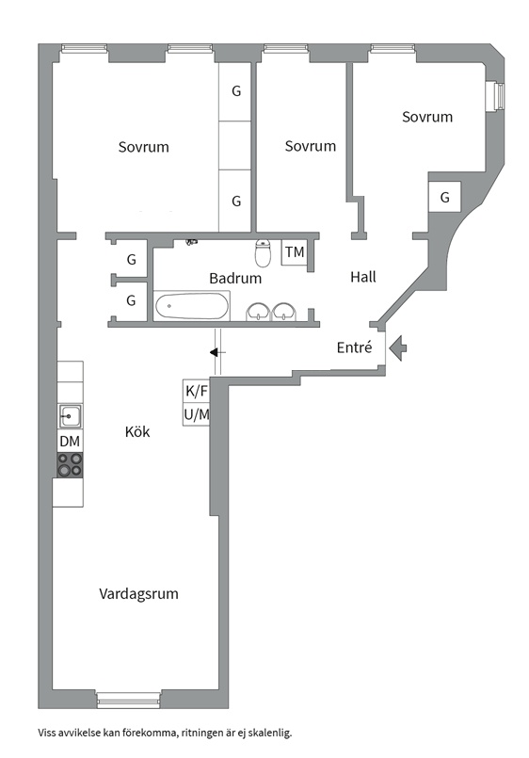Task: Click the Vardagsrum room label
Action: point(139,594)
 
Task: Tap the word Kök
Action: point(137,432)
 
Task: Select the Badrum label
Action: point(235,279)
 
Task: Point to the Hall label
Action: point(363,277)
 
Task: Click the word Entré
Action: point(355,347)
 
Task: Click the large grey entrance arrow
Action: point(399,348)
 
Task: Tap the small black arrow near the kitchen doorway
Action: point(217,352)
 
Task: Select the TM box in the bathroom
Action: point(295,252)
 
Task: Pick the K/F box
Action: point(196,391)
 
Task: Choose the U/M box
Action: point(196,414)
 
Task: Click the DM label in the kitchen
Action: point(70,441)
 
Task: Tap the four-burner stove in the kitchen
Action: point(70,465)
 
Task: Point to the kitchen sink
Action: point(70,416)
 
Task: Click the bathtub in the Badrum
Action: point(192,306)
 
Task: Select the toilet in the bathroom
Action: point(264,252)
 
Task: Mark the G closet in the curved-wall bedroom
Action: point(444,198)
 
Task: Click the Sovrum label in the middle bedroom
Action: point(310,146)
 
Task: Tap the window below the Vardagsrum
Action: point(129,701)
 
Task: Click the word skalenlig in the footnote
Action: point(266,732)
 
